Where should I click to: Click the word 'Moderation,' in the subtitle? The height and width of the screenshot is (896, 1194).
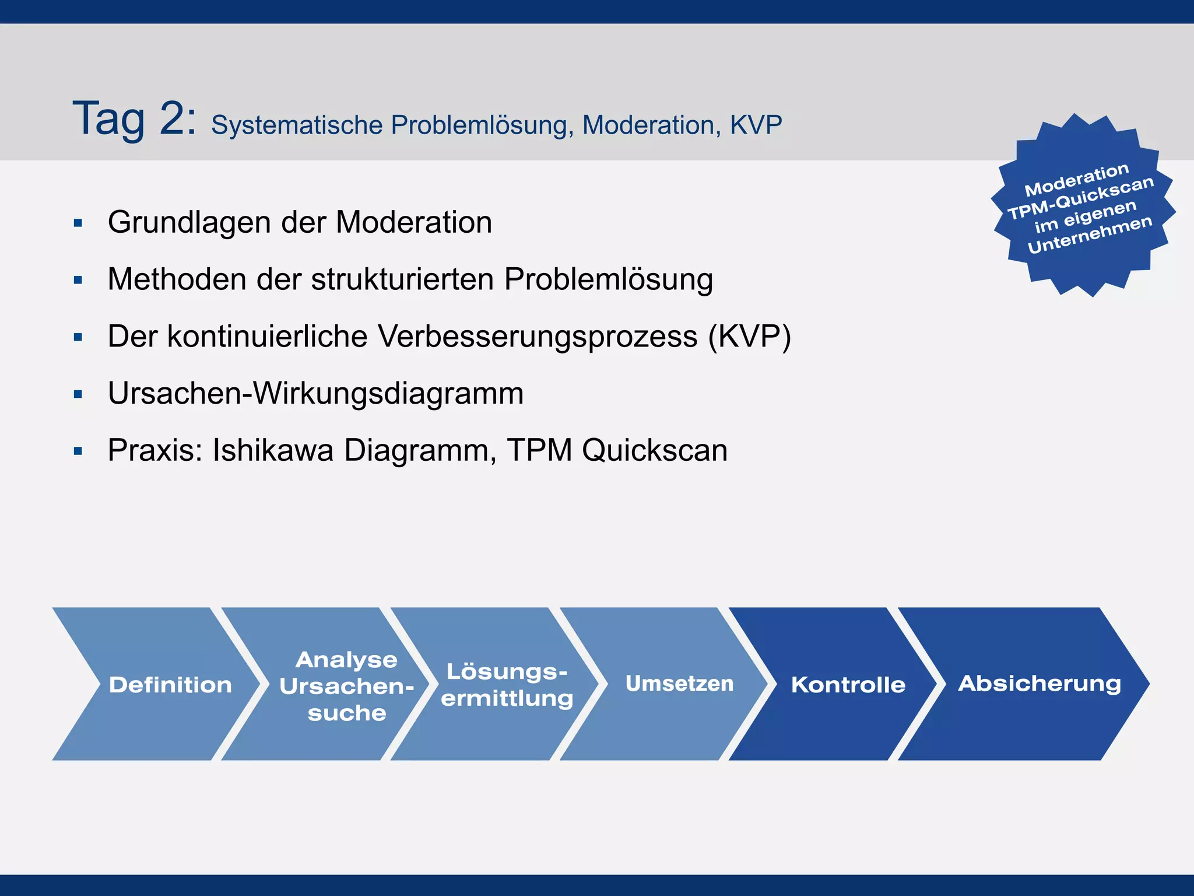(x=651, y=125)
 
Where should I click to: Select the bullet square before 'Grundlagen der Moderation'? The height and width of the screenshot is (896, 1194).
(x=78, y=223)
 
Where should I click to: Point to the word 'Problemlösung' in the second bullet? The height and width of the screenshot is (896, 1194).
(x=608, y=280)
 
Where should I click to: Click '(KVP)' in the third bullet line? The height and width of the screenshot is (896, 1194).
(x=749, y=337)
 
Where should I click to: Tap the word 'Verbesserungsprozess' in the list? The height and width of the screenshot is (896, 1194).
(x=537, y=337)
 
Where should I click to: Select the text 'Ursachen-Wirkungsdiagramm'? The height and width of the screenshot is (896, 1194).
(x=315, y=394)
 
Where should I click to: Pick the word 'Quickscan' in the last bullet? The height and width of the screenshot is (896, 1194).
(x=655, y=450)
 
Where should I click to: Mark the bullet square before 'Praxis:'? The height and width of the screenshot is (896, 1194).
(x=78, y=451)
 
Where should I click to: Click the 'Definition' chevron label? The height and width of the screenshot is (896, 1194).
(x=170, y=685)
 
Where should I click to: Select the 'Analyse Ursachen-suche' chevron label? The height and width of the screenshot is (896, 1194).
(x=346, y=686)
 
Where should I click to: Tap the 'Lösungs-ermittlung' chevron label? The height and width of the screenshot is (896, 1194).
(x=507, y=685)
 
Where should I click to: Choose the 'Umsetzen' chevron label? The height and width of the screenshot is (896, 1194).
(x=679, y=684)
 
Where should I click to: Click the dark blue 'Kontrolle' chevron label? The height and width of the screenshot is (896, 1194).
(x=848, y=685)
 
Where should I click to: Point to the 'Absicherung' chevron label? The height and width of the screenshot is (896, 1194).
(x=1039, y=684)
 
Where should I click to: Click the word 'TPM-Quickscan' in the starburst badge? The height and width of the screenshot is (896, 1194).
(x=1080, y=198)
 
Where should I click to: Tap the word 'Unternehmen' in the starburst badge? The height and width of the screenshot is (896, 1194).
(x=1090, y=235)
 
